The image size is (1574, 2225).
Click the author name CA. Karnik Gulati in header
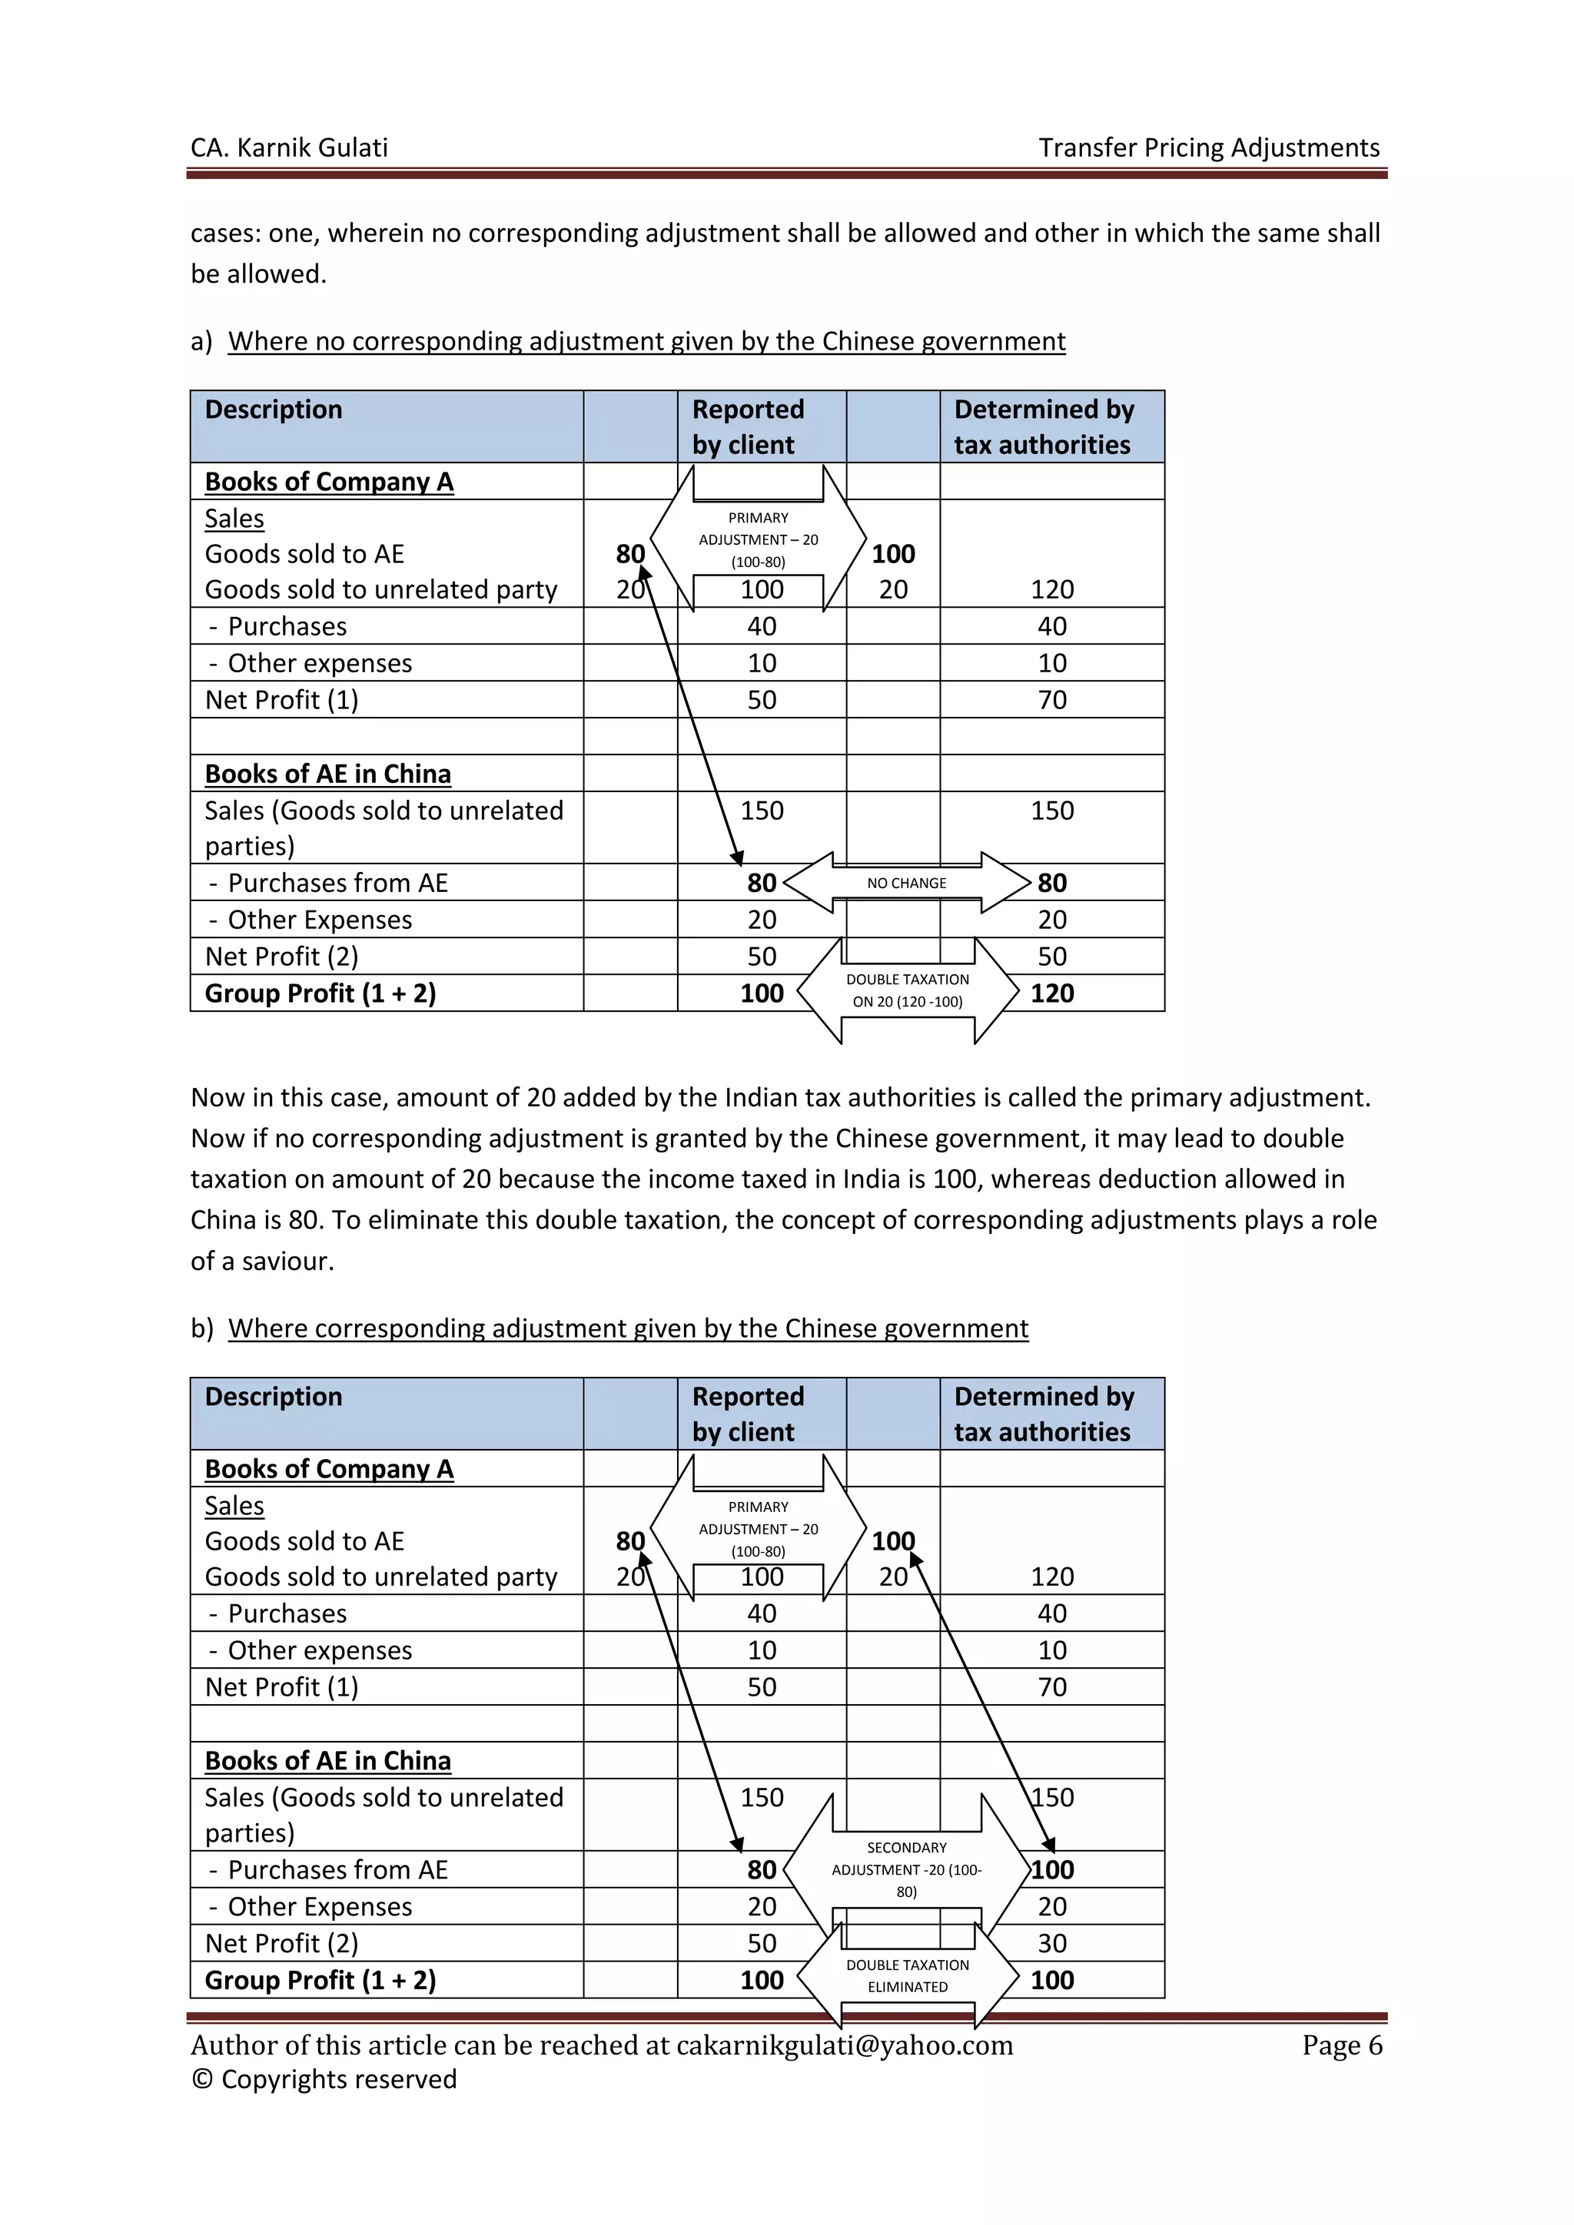coord(289,148)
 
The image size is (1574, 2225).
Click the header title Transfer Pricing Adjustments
coord(1209,148)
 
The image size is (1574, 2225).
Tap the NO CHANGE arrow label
coord(906,883)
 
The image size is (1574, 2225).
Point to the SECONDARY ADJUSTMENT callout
coord(906,1869)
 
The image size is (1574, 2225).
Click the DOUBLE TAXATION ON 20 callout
coord(907,990)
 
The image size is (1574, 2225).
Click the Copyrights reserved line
coord(324,2079)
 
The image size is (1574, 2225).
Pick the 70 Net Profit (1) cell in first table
coord(1051,700)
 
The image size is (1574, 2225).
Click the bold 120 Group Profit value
coord(1051,993)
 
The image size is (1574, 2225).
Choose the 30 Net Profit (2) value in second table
coord(1051,1943)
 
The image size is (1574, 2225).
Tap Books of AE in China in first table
coord(327,774)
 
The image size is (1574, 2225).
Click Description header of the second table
coord(274,1397)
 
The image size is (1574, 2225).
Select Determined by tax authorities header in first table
coord(1044,426)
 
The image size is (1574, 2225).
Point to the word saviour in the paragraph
coord(288,1261)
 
